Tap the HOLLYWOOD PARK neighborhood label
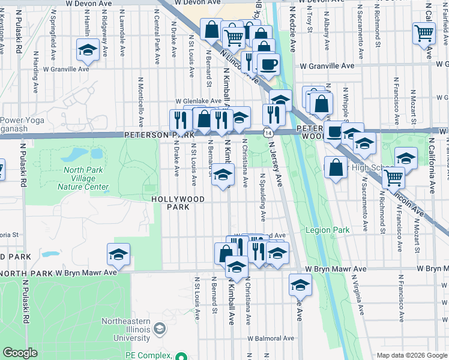[178, 203]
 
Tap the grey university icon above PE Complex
[160, 328]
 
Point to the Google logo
[20, 353]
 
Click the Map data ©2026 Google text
[412, 355]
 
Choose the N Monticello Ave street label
[141, 102]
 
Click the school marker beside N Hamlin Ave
[88, 52]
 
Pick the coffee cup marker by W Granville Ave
[268, 63]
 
